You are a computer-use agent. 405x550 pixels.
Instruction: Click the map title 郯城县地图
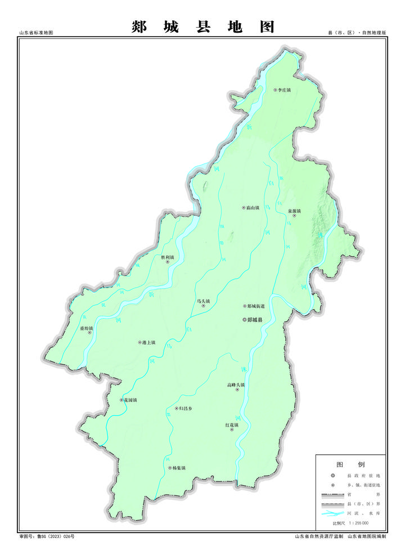(x=203, y=26)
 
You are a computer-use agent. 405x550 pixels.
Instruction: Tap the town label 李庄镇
(x=285, y=90)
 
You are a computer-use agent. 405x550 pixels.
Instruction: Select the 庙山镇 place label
(x=253, y=208)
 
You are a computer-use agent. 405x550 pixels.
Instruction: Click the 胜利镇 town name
(x=168, y=257)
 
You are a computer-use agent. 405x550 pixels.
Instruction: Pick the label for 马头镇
(x=203, y=302)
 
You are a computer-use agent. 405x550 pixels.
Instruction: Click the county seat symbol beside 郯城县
(x=244, y=320)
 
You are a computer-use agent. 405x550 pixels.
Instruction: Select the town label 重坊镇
(x=86, y=328)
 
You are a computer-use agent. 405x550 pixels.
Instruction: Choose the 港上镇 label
(x=149, y=342)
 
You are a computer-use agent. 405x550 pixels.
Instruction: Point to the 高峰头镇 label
(x=236, y=385)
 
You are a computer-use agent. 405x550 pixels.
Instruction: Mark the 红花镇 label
(x=232, y=425)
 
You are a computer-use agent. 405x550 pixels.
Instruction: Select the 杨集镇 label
(x=179, y=468)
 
